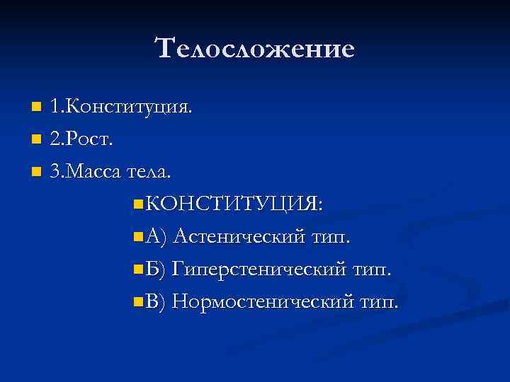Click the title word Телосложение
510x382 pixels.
[254, 48]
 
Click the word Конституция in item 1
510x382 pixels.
[130, 108]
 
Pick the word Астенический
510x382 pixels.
[239, 236]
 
